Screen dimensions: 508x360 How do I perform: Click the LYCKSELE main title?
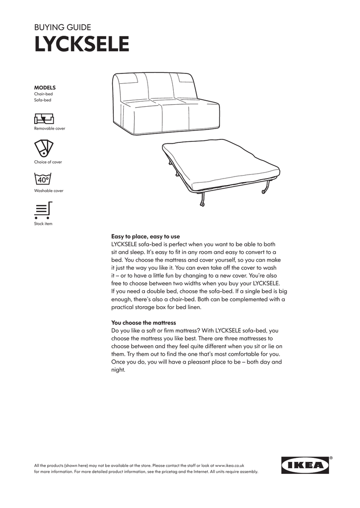pos(81,44)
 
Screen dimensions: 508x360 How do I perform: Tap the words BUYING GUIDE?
pos(62,27)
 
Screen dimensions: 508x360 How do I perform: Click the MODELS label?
pos(45,87)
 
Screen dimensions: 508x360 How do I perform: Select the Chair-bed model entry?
pos(43,94)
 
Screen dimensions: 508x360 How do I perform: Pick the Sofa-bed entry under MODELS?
pos(43,100)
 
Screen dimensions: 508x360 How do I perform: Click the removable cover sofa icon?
pos(44,119)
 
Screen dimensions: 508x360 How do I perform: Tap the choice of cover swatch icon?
pos(44,148)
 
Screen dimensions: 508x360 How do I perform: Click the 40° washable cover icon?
pos(43,179)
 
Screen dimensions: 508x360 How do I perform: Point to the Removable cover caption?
pos(49,128)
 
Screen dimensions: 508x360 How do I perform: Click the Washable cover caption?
pos(49,190)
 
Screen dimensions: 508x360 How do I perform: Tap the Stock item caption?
pos(43,224)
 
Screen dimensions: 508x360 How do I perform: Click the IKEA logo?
pos(305,465)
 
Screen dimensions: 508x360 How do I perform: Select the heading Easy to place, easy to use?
pos(145,237)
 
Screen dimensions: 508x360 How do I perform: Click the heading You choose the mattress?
pos(144,322)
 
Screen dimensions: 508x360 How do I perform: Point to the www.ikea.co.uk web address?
pos(229,466)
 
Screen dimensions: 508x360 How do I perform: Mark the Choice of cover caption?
pos(48,162)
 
